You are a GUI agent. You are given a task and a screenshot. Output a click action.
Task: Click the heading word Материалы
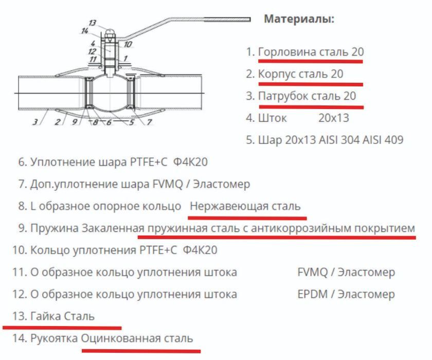tap(299, 19)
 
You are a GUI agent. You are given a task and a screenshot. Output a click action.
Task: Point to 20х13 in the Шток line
tap(333, 118)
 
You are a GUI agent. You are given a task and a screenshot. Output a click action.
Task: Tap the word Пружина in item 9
tap(55, 228)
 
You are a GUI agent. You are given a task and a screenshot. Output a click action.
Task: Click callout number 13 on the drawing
tap(92, 23)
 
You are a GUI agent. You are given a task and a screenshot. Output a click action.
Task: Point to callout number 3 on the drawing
tap(35, 122)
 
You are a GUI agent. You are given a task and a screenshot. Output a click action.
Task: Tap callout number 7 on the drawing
tap(149, 122)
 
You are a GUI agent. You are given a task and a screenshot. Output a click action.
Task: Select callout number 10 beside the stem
tap(128, 44)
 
